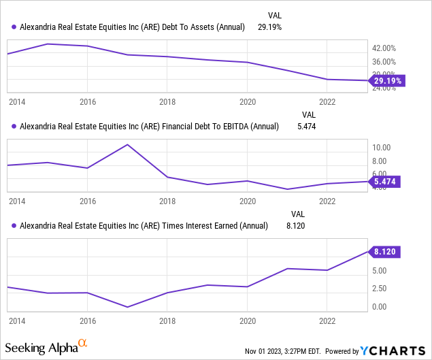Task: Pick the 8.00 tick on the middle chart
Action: coord(380,161)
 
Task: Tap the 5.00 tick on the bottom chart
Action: coord(380,270)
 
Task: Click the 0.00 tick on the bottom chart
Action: coord(380,307)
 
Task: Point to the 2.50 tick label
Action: coord(380,289)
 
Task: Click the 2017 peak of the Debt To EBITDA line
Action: coord(127,145)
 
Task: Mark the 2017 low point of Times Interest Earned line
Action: coord(127,307)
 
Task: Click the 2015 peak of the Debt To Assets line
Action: coord(48,44)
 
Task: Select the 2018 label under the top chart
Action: coord(167,101)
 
